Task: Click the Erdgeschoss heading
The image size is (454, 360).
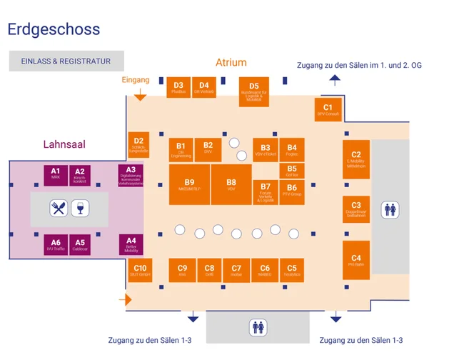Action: click(x=54, y=30)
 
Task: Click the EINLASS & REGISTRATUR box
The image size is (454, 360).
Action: click(x=66, y=61)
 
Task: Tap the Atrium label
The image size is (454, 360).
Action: click(x=231, y=63)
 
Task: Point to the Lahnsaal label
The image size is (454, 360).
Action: click(x=64, y=144)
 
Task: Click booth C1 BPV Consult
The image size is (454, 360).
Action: click(x=328, y=109)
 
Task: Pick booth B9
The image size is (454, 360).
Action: click(x=189, y=185)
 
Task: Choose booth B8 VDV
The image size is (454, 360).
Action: click(x=231, y=185)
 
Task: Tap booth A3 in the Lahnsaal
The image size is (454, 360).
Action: click(x=131, y=175)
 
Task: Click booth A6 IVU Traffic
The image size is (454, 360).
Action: click(x=55, y=245)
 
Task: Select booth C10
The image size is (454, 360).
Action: click(x=140, y=271)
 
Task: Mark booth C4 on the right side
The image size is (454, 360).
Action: click(x=356, y=261)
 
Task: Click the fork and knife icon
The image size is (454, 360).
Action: click(x=58, y=209)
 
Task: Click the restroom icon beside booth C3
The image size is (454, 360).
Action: click(x=390, y=209)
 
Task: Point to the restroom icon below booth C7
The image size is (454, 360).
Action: click(x=258, y=328)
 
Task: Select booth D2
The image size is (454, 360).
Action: click(x=138, y=144)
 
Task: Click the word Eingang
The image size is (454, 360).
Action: click(x=136, y=80)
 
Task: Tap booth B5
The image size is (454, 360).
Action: click(x=292, y=171)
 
